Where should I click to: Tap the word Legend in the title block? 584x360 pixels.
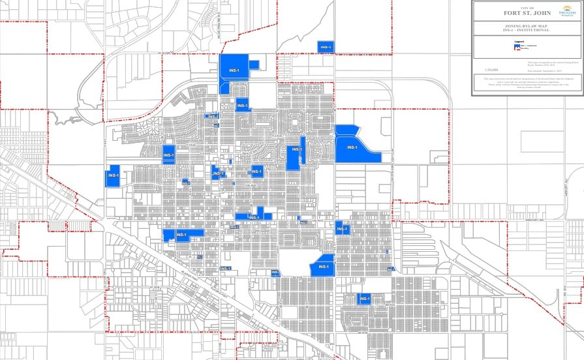click(x=519, y=42)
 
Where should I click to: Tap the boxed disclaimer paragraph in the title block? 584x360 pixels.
click(x=527, y=84)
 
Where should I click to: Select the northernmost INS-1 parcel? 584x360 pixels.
click(x=326, y=46)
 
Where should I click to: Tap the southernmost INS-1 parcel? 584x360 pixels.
click(x=364, y=299)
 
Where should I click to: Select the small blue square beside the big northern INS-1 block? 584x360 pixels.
click(x=254, y=65)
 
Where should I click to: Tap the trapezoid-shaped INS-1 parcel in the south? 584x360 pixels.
click(x=322, y=267)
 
